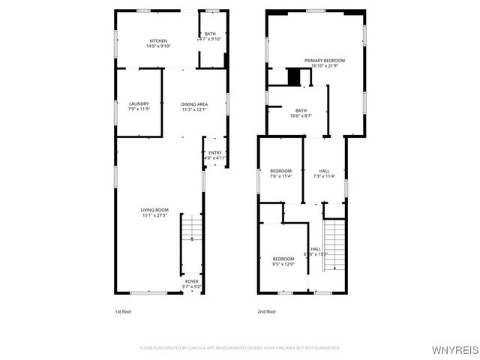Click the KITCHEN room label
click(x=158, y=40)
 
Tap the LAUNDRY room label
click(x=139, y=103)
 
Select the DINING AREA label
click(x=194, y=103)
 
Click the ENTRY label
click(x=215, y=152)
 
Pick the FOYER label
click(x=193, y=281)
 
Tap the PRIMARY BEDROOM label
click(x=325, y=60)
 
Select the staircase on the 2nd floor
click(x=334, y=244)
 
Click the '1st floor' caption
click(x=122, y=311)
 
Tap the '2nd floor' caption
click(x=267, y=311)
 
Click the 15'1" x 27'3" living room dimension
click(x=154, y=215)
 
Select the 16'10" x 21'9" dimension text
click(x=325, y=66)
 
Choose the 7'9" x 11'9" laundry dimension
click(x=139, y=109)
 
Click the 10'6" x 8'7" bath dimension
click(x=301, y=115)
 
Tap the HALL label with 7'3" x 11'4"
click(x=324, y=170)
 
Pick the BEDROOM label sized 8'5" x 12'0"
click(x=283, y=259)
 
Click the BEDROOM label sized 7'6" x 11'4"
click(x=280, y=170)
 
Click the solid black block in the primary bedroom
click(x=295, y=76)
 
